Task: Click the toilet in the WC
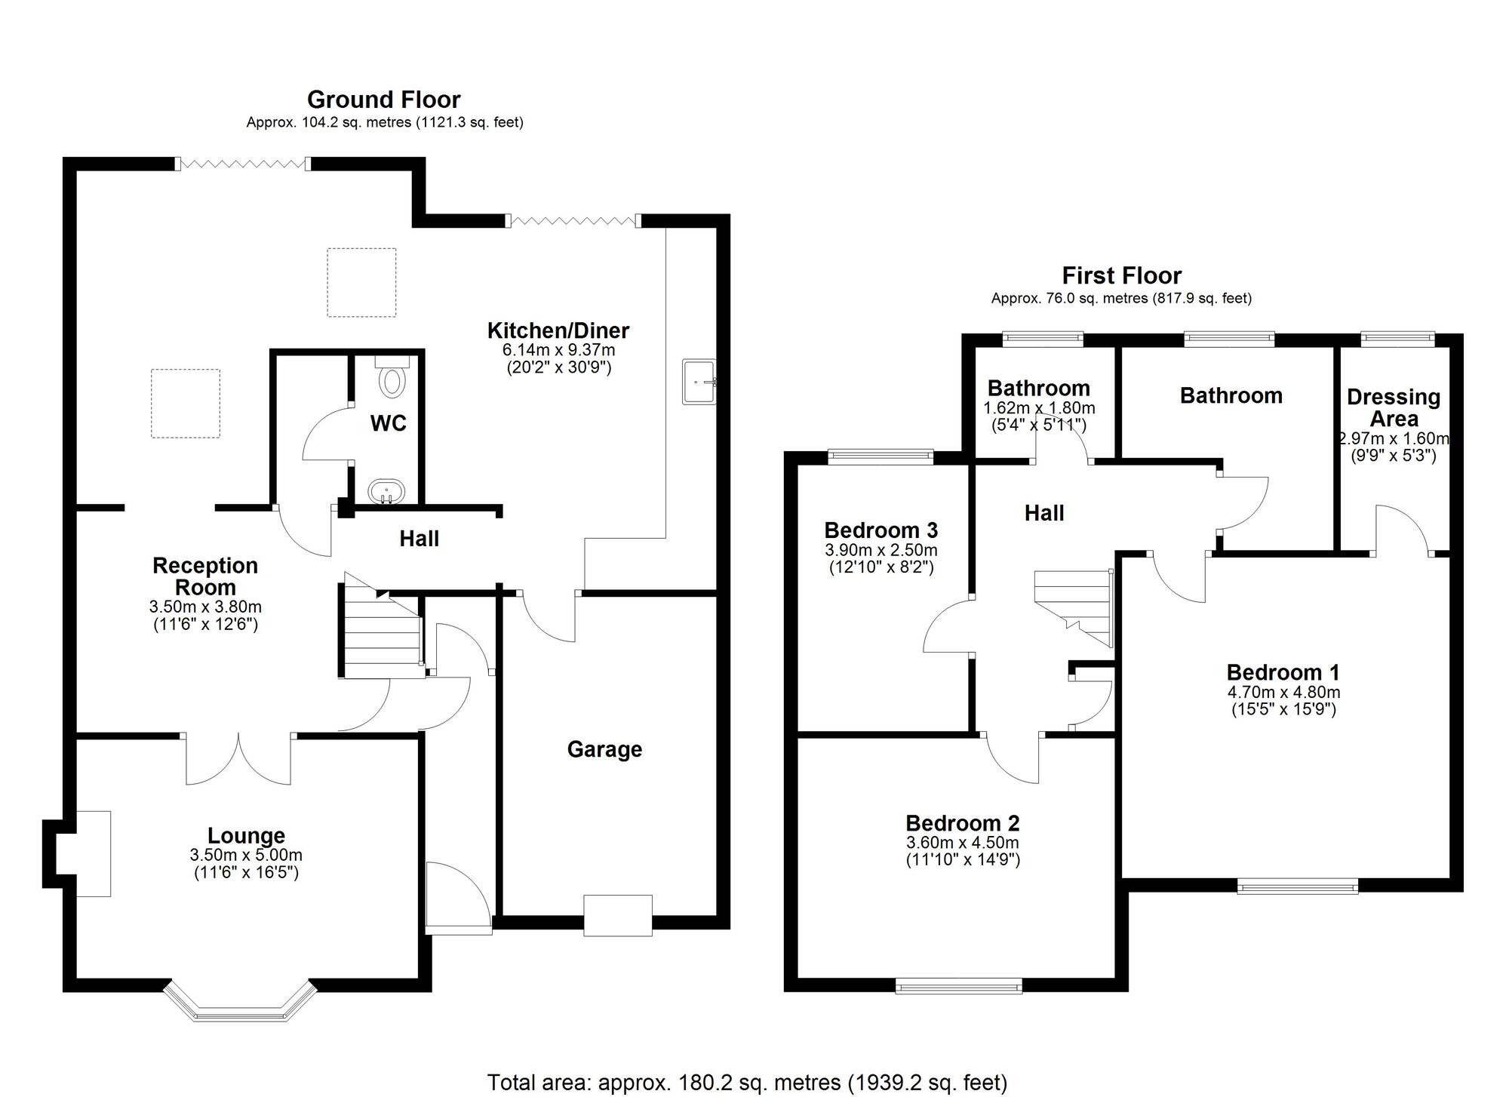392,378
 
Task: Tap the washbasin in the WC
387,493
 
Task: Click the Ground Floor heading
383,100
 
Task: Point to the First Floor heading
1121,275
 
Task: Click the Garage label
604,749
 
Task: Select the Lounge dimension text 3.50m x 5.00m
246,855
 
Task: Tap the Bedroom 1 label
1283,672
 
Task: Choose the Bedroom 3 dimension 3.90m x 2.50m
881,550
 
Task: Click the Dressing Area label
1393,407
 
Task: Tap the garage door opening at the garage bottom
617,915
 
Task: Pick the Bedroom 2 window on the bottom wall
958,985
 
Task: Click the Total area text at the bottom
747,1083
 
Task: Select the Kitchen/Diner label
558,330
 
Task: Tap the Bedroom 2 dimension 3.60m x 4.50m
962,843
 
